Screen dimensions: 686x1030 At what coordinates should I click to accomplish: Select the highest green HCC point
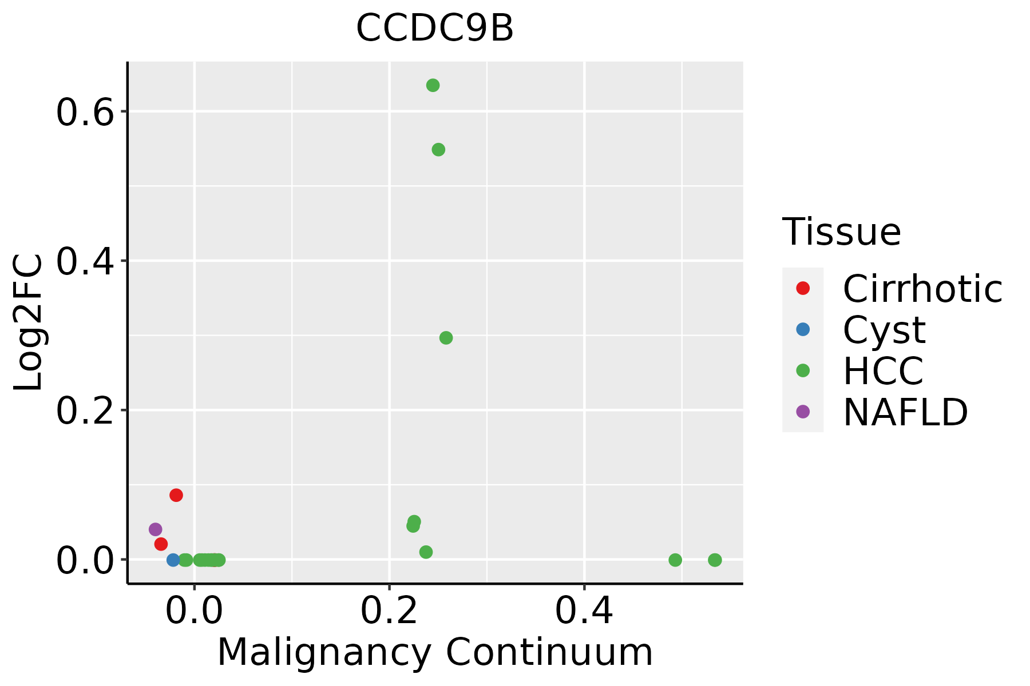(x=433, y=86)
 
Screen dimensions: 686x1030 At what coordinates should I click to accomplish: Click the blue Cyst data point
(x=173, y=560)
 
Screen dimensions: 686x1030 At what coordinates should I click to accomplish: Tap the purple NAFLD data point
(x=155, y=529)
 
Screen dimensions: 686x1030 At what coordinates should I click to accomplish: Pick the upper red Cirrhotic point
(x=176, y=495)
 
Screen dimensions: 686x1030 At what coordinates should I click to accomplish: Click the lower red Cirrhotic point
(x=161, y=544)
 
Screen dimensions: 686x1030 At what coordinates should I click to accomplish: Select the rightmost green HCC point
(x=715, y=560)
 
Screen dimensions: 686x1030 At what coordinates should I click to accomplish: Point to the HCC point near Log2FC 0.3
(x=446, y=338)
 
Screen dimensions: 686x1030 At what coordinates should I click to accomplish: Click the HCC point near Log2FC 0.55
(x=438, y=150)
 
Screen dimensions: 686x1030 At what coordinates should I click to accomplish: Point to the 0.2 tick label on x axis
(x=389, y=611)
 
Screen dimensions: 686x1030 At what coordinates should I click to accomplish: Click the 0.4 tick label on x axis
(x=584, y=611)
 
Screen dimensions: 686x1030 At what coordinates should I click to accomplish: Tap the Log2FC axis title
(x=29, y=323)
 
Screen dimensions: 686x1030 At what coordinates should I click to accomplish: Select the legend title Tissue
(x=841, y=232)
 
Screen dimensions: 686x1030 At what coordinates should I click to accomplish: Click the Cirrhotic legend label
(x=922, y=289)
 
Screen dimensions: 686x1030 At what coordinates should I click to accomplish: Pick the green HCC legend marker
(x=803, y=370)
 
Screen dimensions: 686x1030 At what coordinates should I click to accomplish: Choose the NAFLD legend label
(x=905, y=412)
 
